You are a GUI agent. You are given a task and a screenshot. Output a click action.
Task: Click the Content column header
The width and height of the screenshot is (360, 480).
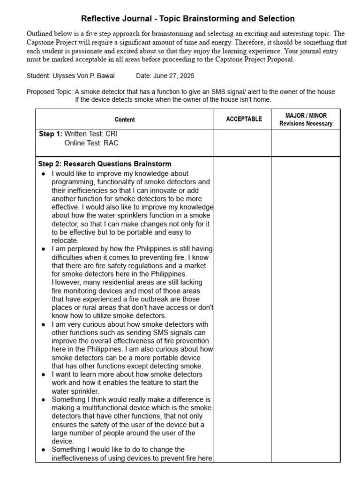[x=125, y=120]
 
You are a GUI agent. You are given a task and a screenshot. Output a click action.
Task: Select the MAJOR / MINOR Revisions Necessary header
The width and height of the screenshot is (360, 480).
[x=306, y=120]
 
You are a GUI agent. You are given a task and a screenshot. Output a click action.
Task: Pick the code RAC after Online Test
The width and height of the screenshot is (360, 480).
[x=111, y=143]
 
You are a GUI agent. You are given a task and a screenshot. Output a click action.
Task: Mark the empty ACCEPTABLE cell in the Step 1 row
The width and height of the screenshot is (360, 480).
[x=242, y=143]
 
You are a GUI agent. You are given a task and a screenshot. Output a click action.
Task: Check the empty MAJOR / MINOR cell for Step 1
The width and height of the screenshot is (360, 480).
[x=306, y=143]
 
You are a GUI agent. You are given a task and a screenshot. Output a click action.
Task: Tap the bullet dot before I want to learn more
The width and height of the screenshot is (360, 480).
[x=44, y=375]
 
